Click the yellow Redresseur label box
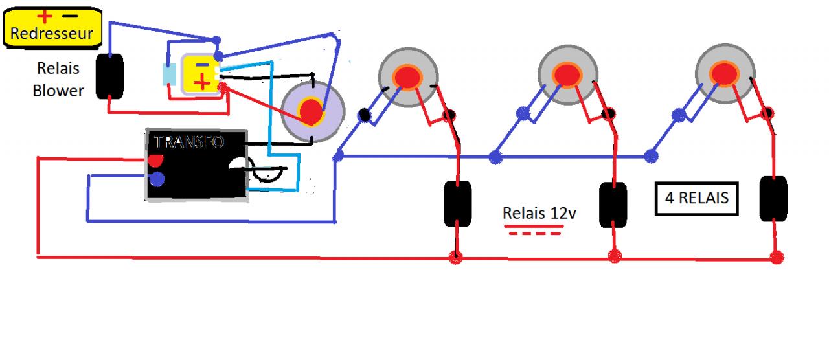(52, 28)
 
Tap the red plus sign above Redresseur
(45, 15)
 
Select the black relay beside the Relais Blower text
(109, 76)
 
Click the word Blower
(58, 91)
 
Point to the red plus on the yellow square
(203, 81)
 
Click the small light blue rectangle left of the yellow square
(169, 75)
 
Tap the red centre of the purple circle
(312, 113)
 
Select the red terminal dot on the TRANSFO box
(155, 159)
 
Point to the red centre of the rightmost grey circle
(724, 73)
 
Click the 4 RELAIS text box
(696, 197)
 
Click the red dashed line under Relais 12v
(535, 232)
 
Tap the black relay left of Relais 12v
(457, 204)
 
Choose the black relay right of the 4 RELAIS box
(773, 199)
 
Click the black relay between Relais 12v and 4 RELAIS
(613, 205)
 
